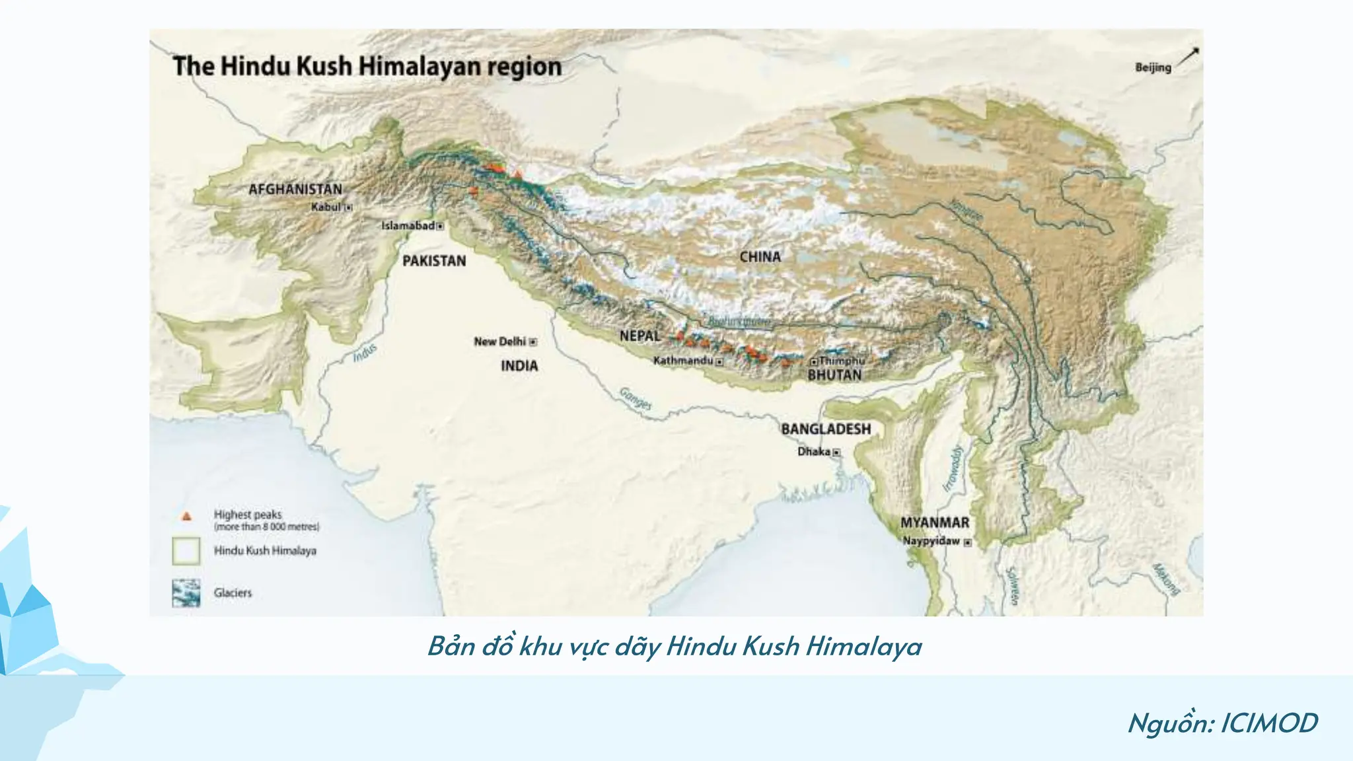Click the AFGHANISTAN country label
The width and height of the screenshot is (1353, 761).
295,190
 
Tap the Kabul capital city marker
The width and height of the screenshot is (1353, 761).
349,207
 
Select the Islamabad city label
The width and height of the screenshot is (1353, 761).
408,226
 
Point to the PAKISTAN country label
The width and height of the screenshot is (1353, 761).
434,261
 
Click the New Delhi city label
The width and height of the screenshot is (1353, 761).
499,342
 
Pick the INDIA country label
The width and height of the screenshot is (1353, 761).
519,366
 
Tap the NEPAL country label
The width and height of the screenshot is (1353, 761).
640,336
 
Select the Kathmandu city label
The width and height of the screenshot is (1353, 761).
683,361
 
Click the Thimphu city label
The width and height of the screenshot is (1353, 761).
842,361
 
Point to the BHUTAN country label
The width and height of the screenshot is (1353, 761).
834,375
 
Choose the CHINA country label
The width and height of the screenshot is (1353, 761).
760,257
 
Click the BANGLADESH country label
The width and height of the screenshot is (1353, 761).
826,429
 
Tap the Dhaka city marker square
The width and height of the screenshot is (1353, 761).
836,453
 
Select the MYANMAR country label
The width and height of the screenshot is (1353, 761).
935,523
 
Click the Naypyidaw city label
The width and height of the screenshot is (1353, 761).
932,541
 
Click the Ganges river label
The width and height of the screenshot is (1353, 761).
636,398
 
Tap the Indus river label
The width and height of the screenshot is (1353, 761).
365,352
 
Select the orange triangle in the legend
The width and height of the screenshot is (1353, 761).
187,516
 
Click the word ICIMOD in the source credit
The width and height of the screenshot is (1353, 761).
1268,723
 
